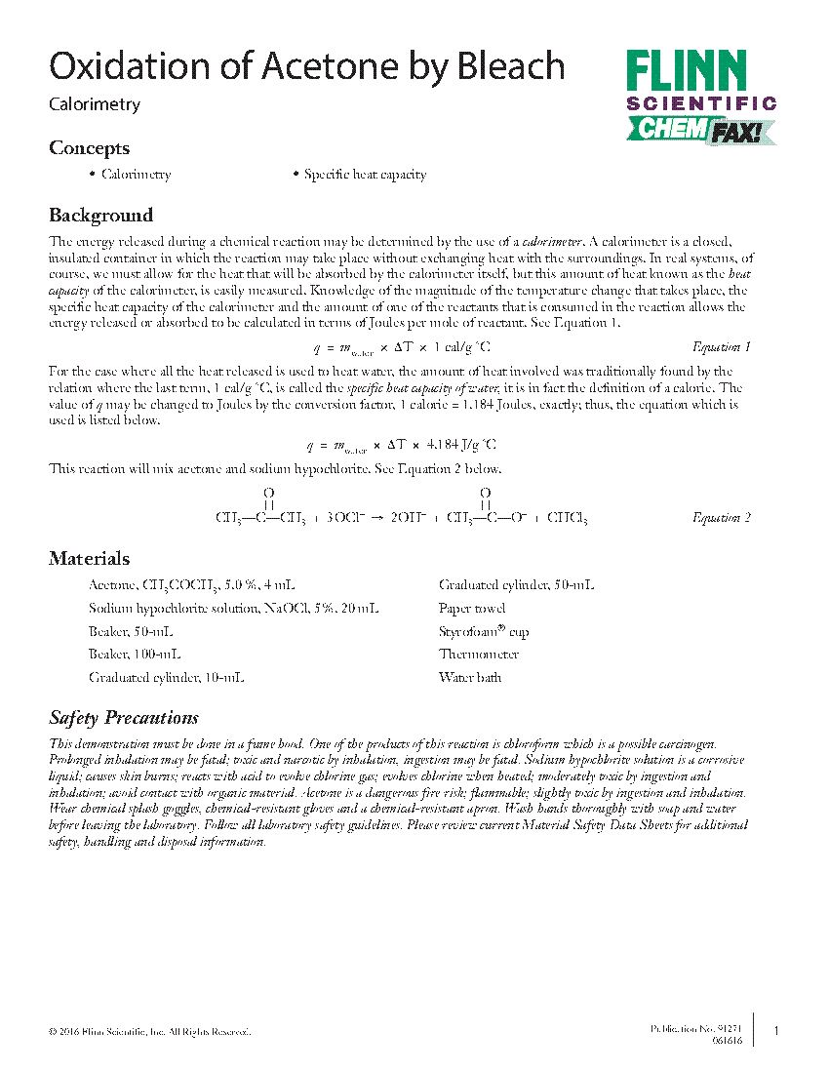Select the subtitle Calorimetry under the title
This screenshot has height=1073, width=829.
pos(95,104)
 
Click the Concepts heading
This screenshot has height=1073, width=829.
pos(89,148)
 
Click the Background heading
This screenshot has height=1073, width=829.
pos(100,215)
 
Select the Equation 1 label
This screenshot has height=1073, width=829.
pos(721,347)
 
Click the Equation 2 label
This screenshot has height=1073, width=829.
pos(721,518)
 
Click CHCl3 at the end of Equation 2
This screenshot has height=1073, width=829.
pos(567,518)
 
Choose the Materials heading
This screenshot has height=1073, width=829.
pos(89,559)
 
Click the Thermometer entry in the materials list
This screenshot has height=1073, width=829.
pos(479,655)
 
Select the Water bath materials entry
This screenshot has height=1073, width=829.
pos(470,678)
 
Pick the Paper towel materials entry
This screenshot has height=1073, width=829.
pos(472,609)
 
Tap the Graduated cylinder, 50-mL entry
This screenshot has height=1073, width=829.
pos(516,585)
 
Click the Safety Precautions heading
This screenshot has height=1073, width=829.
pos(124,718)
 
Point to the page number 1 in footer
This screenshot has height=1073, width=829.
pos(775,1030)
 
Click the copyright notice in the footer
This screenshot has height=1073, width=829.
pos(149,1031)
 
